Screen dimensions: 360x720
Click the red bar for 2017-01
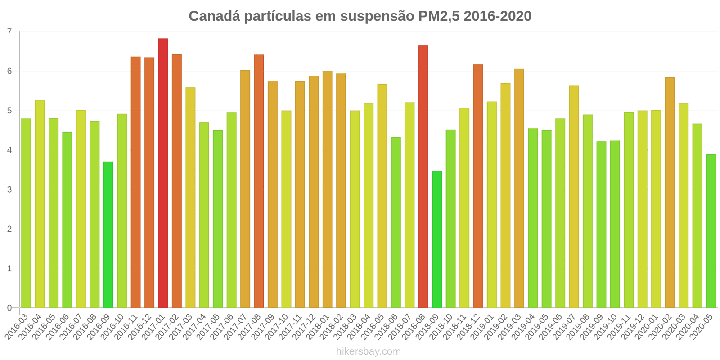[x=163, y=173]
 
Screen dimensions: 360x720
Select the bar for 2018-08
[x=423, y=177]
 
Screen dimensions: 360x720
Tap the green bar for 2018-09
[x=437, y=239]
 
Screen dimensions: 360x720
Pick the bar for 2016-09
[x=108, y=234]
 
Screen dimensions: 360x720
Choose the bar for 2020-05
[x=711, y=231]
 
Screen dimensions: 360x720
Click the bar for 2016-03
[x=26, y=213]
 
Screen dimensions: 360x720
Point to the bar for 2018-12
[x=478, y=186]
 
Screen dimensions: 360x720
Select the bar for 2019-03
[x=519, y=189]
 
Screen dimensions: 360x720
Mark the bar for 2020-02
[x=670, y=193]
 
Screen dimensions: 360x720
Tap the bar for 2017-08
[x=259, y=181]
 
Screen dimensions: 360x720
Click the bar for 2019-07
[x=574, y=197]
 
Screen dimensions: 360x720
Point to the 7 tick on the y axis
[x=9, y=32]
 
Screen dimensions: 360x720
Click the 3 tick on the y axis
[x=9, y=189]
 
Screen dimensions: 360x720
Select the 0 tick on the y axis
[x=9, y=308]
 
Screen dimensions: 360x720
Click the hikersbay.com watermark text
[x=368, y=351]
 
